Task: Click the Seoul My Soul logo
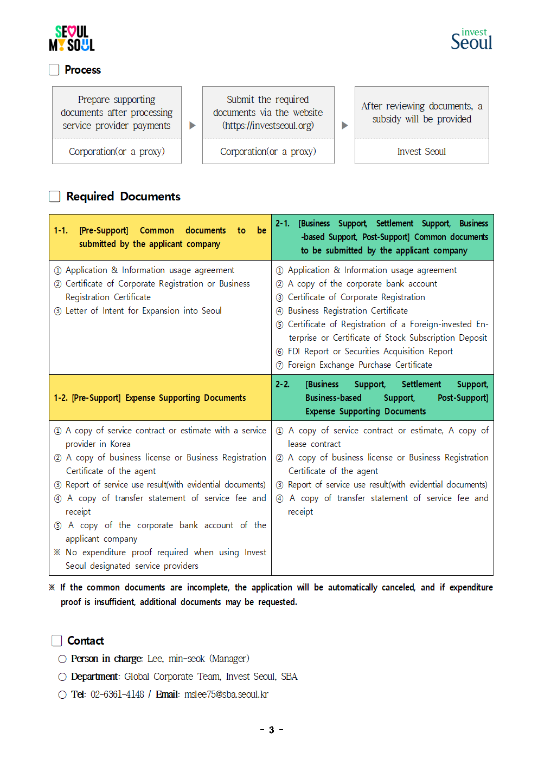pos(72,38)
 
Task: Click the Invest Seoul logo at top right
pos(471,40)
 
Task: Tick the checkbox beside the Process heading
pos(54,70)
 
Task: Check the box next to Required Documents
pos(55,196)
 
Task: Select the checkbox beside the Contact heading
pos(57,641)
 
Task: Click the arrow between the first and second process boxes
pos(192,125)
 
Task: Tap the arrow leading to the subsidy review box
pos(344,125)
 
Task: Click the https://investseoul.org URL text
pos(268,126)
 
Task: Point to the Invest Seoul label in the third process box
pos(421,152)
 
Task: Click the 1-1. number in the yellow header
pos(61,231)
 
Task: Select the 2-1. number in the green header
pos(282,223)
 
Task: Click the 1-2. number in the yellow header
pos(61,398)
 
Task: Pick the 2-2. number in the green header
pos(282,385)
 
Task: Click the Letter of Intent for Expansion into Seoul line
pos(143,311)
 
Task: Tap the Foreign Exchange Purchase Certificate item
pos(360,365)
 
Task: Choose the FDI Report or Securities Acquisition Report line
pos(370,352)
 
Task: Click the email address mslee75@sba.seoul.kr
pos(226,694)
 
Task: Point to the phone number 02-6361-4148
pos(117,694)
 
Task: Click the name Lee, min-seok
pos(176,659)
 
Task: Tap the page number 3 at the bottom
pos(272,730)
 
